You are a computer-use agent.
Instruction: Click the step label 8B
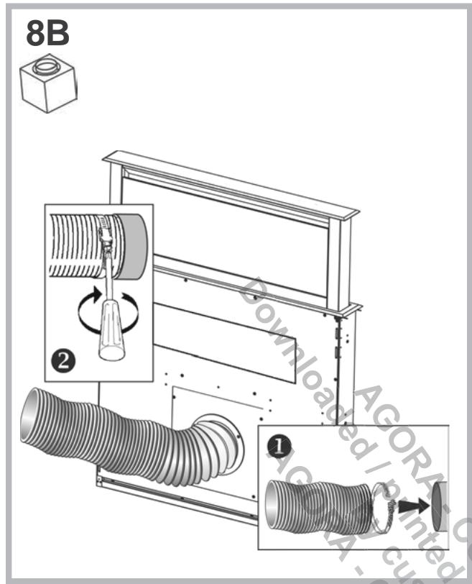pyautogui.click(x=48, y=33)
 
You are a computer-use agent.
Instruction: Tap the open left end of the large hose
pyautogui.click(x=32, y=418)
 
